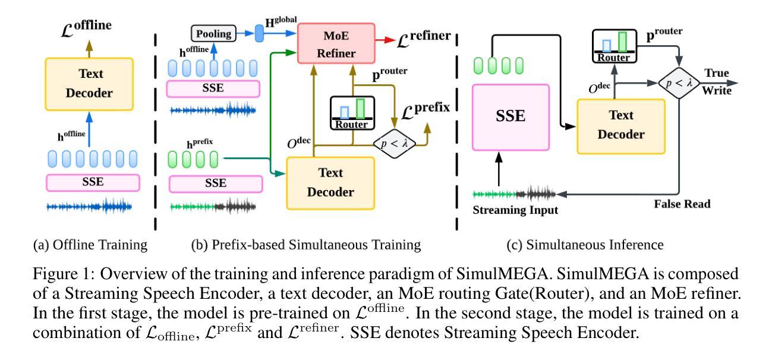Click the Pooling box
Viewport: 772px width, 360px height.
click(x=214, y=33)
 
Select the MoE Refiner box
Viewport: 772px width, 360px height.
click(x=336, y=43)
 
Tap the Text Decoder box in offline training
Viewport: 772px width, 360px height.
click(x=89, y=84)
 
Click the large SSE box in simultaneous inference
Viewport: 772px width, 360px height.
click(x=511, y=117)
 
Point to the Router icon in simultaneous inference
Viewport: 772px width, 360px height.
click(x=614, y=46)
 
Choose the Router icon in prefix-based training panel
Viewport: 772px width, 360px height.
click(x=352, y=113)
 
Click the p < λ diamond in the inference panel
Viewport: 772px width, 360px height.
click(x=679, y=83)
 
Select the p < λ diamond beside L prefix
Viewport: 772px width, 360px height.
click(x=394, y=143)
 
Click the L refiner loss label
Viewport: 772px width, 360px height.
click(x=424, y=39)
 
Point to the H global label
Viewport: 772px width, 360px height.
click(x=281, y=21)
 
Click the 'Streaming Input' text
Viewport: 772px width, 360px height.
click(x=515, y=210)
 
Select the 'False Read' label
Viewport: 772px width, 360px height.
click(x=682, y=204)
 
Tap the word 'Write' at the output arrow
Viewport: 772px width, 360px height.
click(x=717, y=91)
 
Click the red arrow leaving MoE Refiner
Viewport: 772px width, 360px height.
click(x=385, y=40)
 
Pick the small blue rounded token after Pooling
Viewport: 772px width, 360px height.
click(x=259, y=33)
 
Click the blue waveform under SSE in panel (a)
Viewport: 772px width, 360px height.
click(x=89, y=206)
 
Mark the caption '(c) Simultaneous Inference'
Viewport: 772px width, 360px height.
click(x=585, y=245)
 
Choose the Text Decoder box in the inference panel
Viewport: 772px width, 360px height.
click(x=621, y=127)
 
